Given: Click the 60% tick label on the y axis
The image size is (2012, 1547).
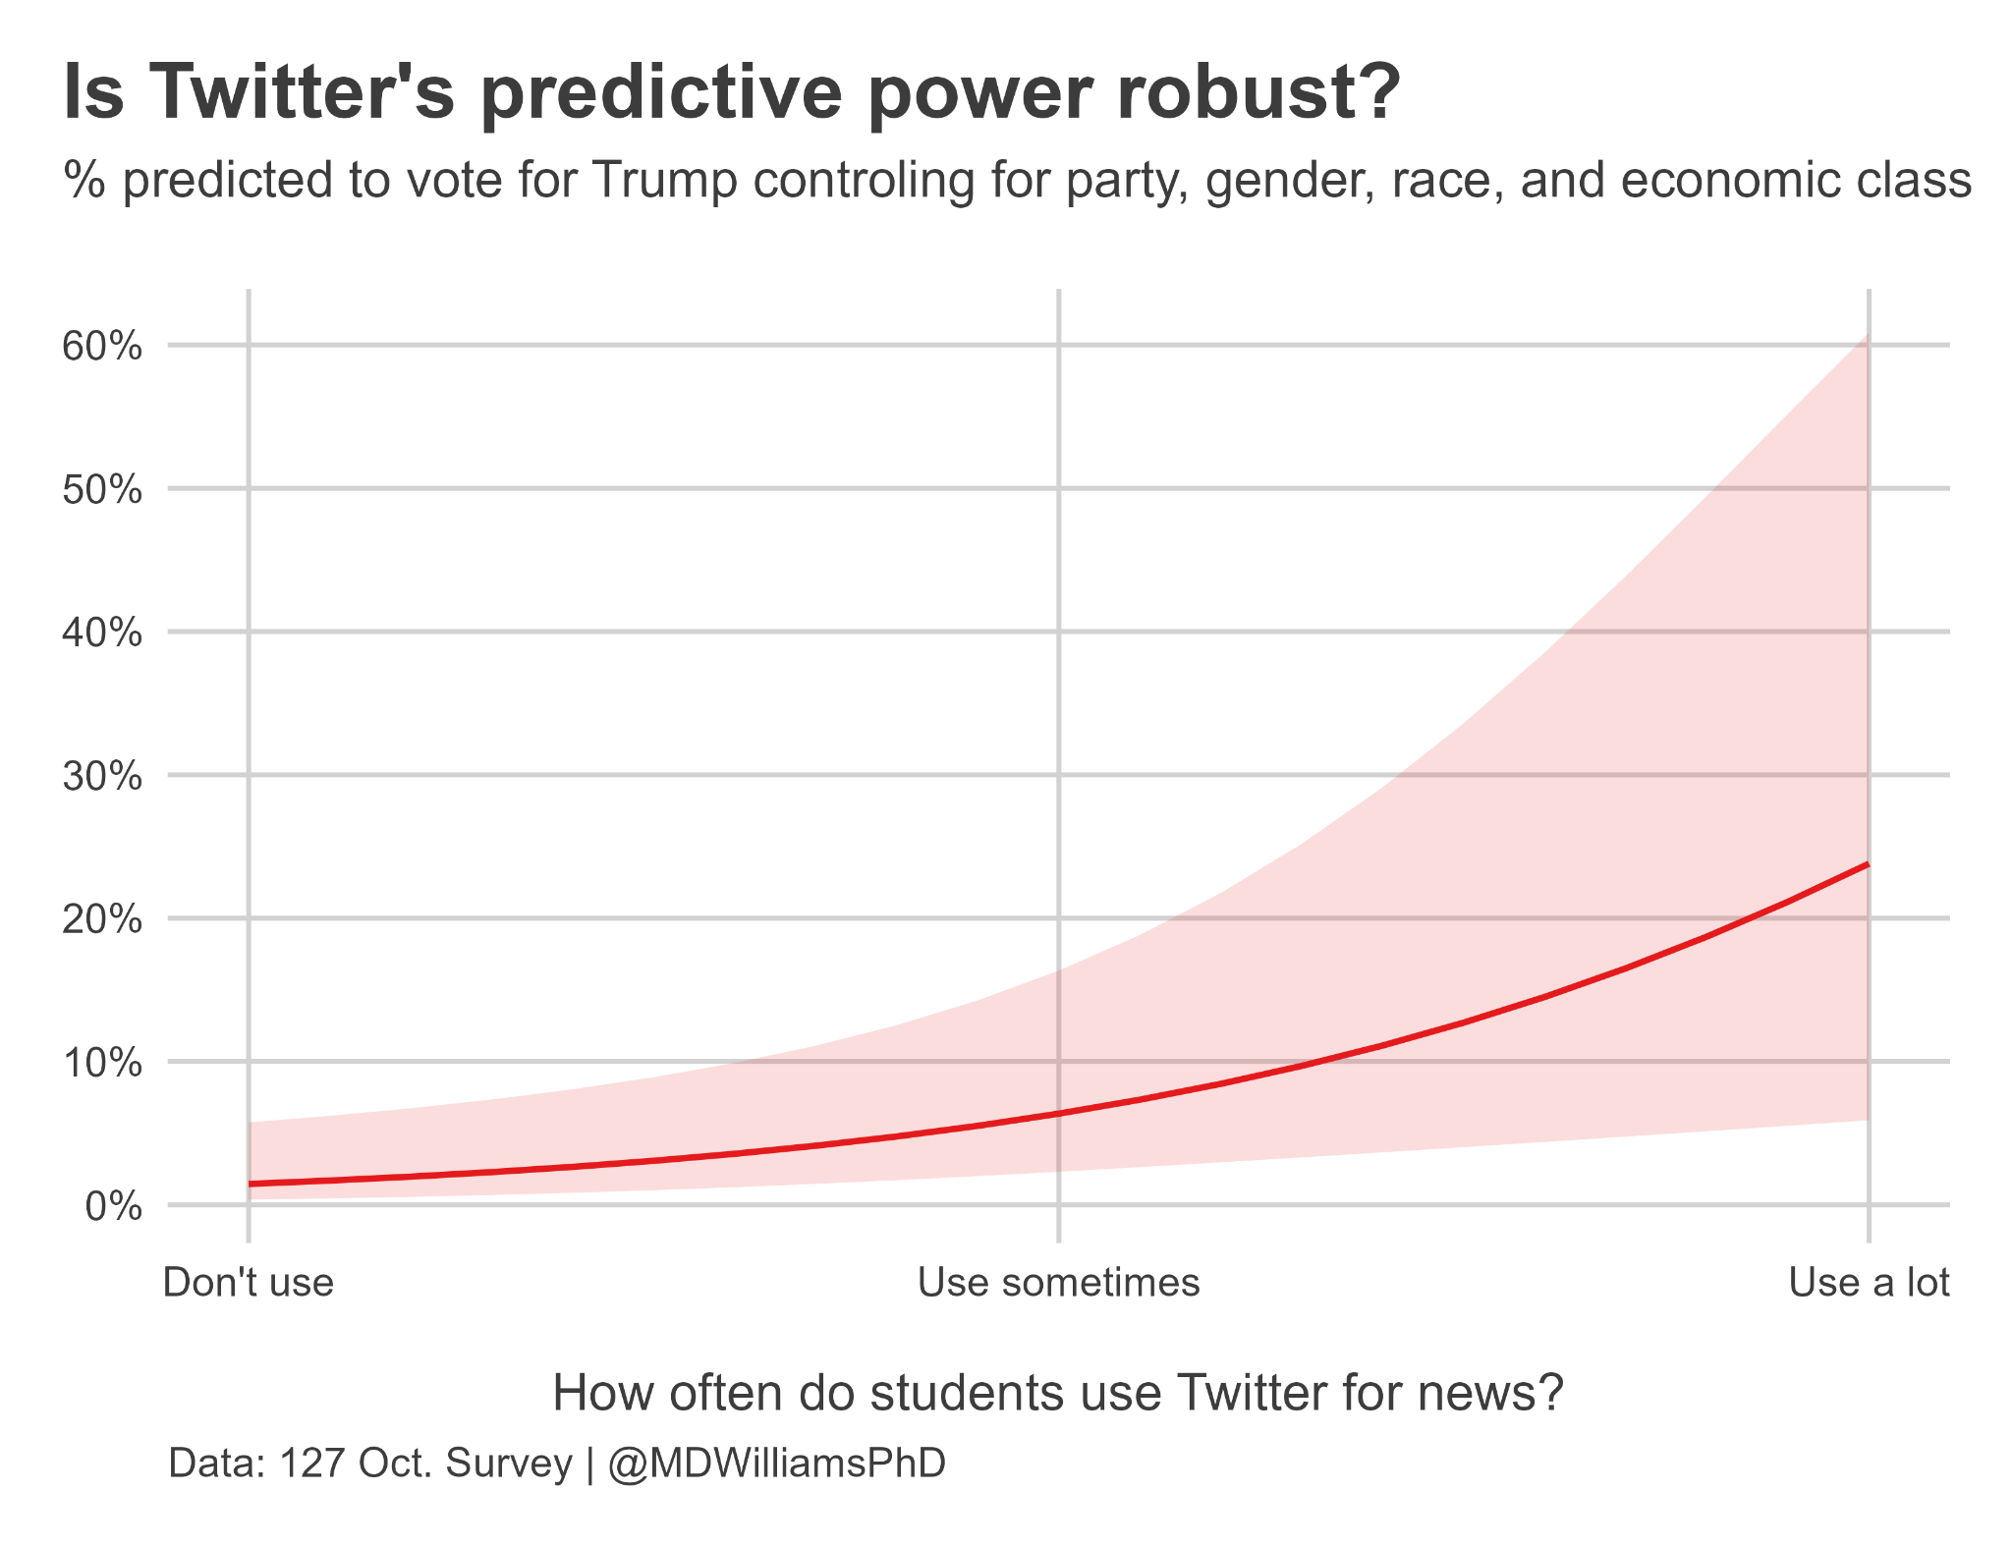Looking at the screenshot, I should (102, 347).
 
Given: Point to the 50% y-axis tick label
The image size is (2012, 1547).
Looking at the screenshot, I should (102, 490).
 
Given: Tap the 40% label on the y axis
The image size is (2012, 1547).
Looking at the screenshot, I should (102, 634).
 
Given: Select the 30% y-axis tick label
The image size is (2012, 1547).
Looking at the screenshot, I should (102, 777).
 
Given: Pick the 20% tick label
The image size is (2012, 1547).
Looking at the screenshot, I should (102, 920).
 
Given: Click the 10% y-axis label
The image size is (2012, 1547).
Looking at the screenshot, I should (102, 1064).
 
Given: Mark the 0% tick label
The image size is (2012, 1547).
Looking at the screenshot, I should (113, 1207).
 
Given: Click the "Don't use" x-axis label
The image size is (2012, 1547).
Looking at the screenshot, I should (249, 1283).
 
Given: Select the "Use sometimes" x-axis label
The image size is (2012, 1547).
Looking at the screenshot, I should (1058, 1283).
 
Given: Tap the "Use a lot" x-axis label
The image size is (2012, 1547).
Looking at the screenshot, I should (1869, 1283).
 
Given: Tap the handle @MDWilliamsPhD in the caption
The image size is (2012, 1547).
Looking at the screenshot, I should (776, 1463).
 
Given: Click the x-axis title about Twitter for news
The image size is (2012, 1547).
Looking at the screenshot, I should (1058, 1393).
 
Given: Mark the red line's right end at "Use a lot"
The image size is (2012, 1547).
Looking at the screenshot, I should (1867, 864).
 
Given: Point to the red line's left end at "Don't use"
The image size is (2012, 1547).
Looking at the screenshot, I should (251, 1184).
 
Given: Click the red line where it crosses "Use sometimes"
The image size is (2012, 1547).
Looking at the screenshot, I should (1058, 1113).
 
